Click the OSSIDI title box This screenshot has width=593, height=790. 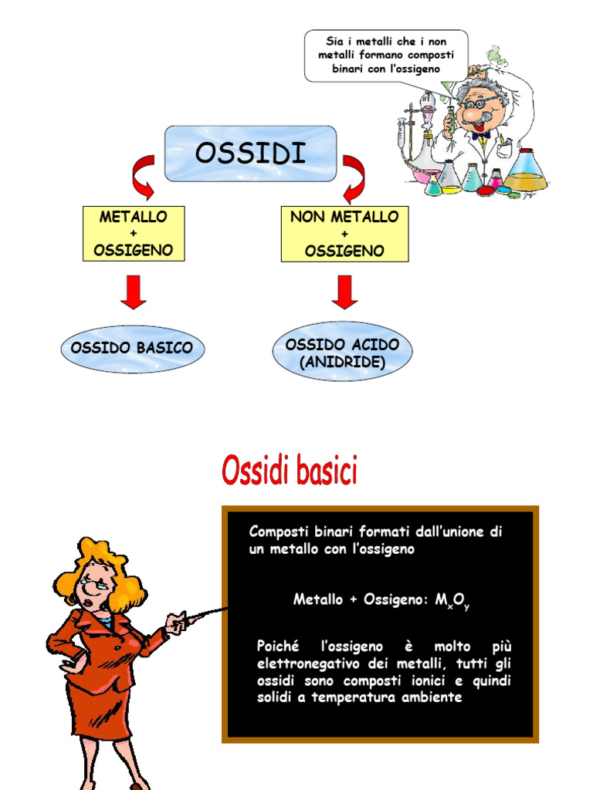tap(251, 154)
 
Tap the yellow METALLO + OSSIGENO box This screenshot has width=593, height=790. tap(134, 233)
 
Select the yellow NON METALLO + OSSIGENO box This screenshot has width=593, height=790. tap(344, 234)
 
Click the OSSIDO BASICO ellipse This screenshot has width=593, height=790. tap(133, 348)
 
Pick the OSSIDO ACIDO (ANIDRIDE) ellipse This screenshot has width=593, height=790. tap(342, 351)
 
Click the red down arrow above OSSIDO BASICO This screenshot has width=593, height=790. tap(134, 292)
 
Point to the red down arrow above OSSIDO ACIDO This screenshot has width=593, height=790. tap(344, 292)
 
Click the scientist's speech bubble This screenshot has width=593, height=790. tap(386, 56)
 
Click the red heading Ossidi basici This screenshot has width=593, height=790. tap(290, 470)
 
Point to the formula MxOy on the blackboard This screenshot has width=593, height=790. tap(452, 600)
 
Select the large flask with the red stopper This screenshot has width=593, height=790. tap(526, 171)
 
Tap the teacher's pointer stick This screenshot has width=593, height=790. tap(202, 616)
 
